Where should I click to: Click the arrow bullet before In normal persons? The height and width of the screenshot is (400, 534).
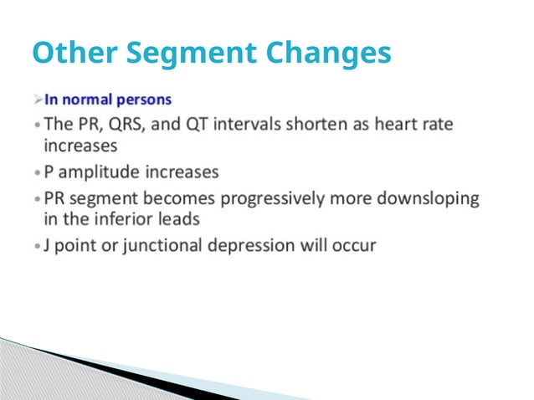(38, 100)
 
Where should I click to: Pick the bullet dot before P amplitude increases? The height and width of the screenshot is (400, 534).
(37, 173)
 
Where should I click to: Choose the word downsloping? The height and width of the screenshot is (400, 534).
(434, 198)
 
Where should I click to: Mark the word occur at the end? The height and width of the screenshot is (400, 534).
(354, 246)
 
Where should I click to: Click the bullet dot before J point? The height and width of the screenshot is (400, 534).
(37, 247)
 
